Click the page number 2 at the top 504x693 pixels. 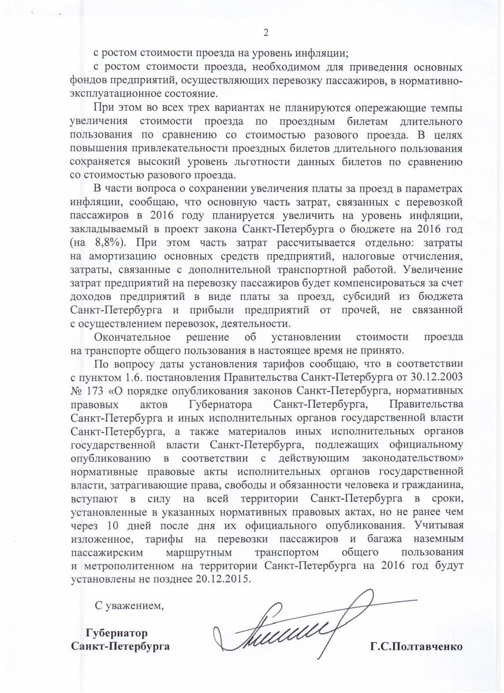pyautogui.click(x=266, y=32)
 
